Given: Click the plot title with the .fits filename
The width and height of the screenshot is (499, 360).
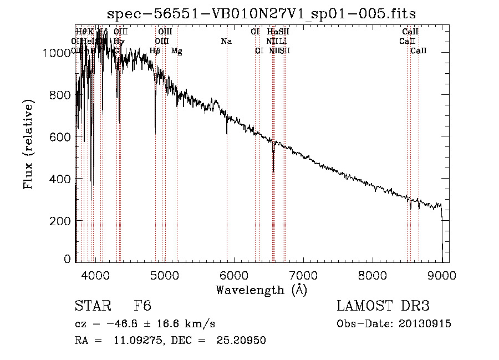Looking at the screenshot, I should tap(261, 13).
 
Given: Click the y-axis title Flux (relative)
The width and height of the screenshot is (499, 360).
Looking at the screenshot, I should tap(28, 144).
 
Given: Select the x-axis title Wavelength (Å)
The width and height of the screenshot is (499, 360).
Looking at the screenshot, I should tap(261, 290).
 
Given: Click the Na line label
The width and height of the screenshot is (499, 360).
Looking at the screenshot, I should tap(226, 41).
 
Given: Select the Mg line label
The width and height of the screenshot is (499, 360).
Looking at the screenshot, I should tap(176, 51).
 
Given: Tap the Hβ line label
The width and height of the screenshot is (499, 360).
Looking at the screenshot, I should tap(155, 51).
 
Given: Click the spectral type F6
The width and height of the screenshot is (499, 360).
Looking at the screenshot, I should tap(142, 306).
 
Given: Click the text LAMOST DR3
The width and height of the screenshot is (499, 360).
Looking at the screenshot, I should tap(383, 306).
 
